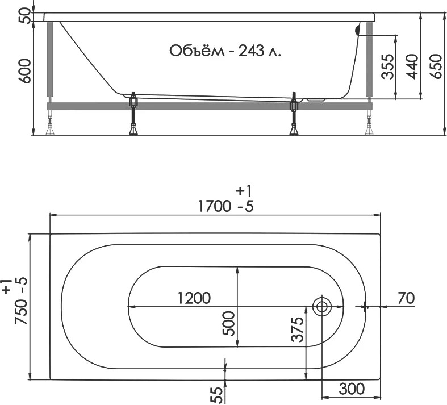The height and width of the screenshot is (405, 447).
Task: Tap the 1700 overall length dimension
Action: [x=214, y=206]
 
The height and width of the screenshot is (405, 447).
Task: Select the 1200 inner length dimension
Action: [x=194, y=298]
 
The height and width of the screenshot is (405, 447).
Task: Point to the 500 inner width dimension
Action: [x=229, y=323]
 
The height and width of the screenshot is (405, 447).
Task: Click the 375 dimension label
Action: [x=297, y=329]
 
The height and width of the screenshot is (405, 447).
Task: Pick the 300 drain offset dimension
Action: [x=352, y=389]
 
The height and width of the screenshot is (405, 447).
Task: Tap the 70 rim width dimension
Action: [x=406, y=298]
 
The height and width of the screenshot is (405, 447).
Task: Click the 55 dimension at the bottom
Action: [x=218, y=395]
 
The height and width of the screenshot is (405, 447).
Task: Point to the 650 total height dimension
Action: [x=436, y=66]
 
